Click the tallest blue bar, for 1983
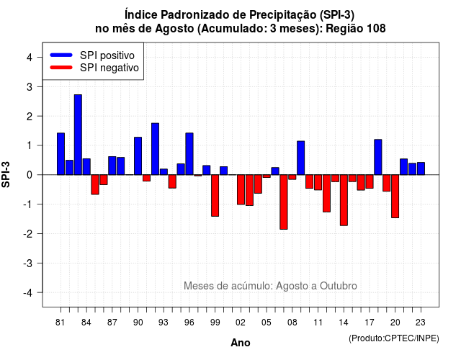pos(78,135)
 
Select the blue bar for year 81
pos(61,154)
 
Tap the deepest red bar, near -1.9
pos(284,202)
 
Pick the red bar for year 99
pos(215,195)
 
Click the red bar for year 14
pos(344,200)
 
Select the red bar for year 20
pos(395,196)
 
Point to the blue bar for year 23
pos(421,168)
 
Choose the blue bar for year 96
pos(189,154)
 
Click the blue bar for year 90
pos(138,156)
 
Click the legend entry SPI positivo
pos(107,55)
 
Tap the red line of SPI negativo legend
pos(61,68)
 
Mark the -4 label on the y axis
pos(28,292)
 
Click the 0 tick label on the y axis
pos(30,175)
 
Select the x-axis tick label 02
pos(241,323)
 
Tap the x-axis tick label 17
pos(370,323)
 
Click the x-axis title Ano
pos(241,343)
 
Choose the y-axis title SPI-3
pos(6,174)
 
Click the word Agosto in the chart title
pos(174,29)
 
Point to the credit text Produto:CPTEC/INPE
pos(394,338)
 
